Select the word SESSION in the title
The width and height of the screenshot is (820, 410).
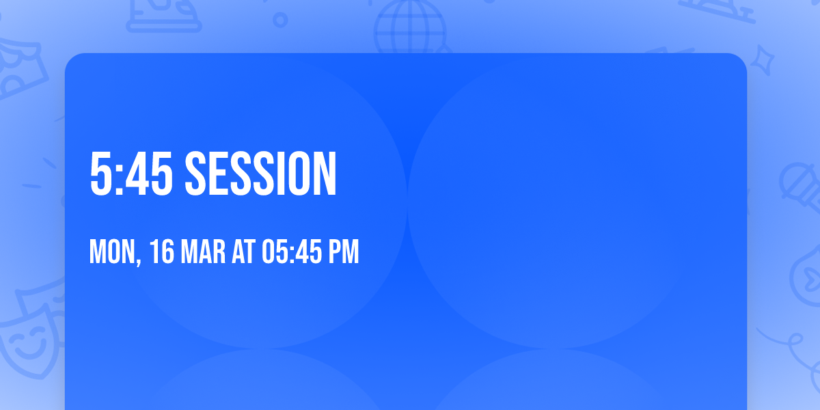[x=261, y=174]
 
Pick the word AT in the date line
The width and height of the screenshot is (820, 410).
[x=243, y=252]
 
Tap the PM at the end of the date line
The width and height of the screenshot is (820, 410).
[x=344, y=252]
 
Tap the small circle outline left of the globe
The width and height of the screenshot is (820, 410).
[x=280, y=20]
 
